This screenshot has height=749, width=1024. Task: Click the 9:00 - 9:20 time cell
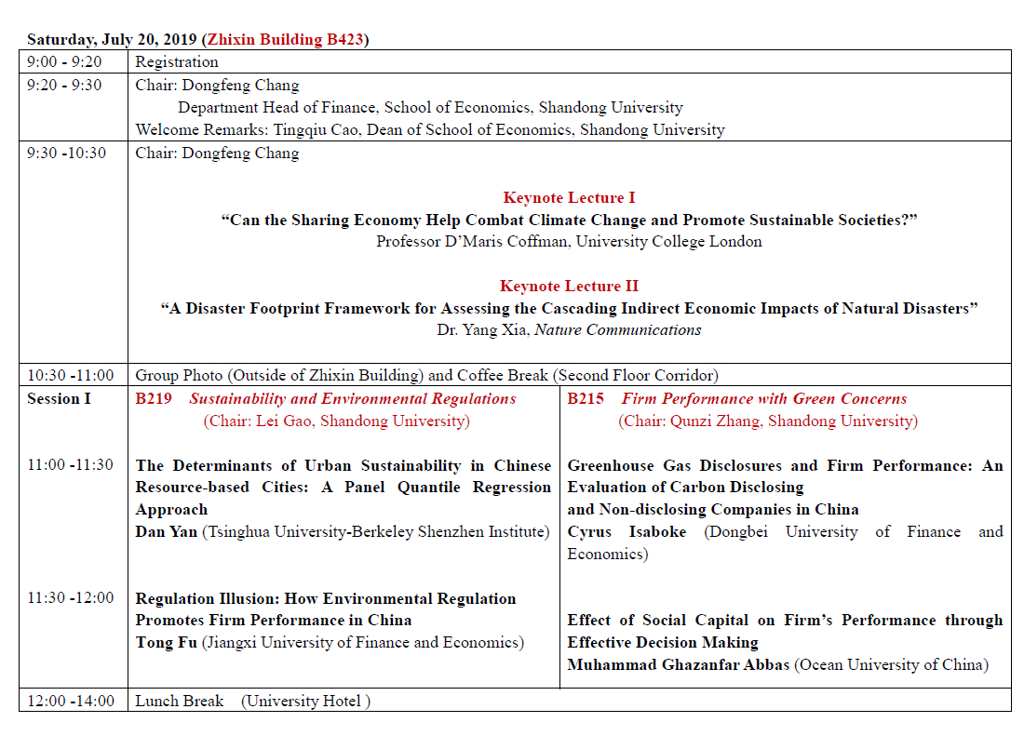pyautogui.click(x=64, y=62)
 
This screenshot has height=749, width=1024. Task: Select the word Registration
pyautogui.click(x=177, y=62)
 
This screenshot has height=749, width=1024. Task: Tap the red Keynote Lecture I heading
pyautogui.click(x=569, y=197)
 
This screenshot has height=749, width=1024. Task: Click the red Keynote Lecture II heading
pyautogui.click(x=569, y=286)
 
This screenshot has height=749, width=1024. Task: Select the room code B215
pyautogui.click(x=586, y=399)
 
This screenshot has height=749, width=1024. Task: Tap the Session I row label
pyautogui.click(x=60, y=399)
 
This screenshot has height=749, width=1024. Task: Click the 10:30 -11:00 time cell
pyautogui.click(x=71, y=376)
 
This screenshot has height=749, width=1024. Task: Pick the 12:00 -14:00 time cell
pyautogui.click(x=71, y=701)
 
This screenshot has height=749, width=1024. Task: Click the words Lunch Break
pyautogui.click(x=180, y=701)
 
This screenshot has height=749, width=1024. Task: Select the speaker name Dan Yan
pyautogui.click(x=167, y=531)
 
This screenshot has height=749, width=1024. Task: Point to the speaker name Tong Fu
pyautogui.click(x=167, y=642)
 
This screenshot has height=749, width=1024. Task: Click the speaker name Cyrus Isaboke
pyautogui.click(x=627, y=531)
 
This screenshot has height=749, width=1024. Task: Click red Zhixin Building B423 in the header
pyautogui.click(x=285, y=39)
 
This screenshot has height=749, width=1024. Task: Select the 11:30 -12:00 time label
pyautogui.click(x=71, y=597)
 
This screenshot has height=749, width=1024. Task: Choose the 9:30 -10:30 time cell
pyautogui.click(x=67, y=154)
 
